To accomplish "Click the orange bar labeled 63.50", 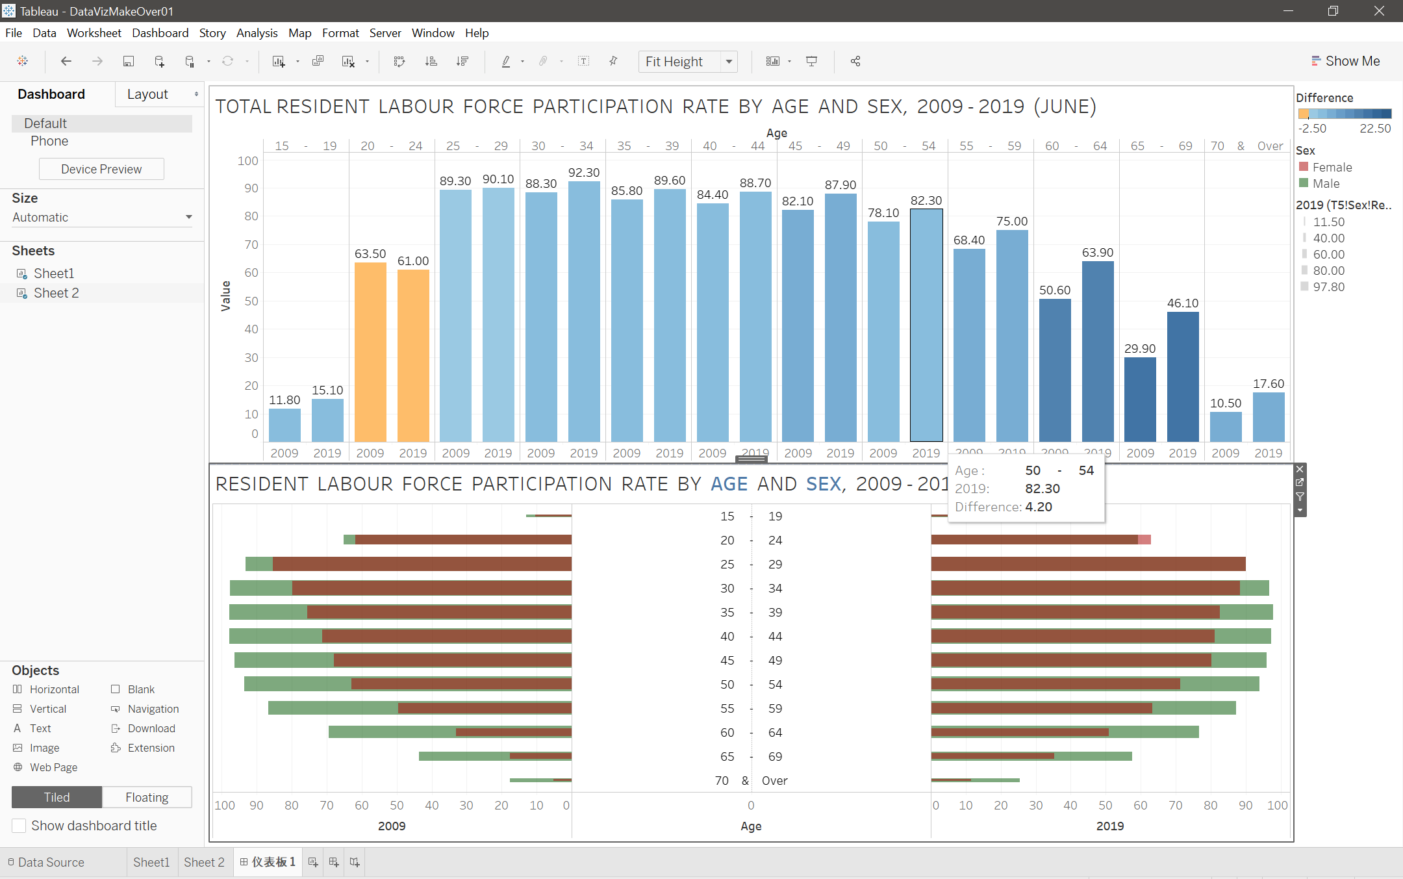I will (370, 351).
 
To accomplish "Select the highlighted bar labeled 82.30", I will (926, 325).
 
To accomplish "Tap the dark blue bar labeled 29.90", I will (1140, 399).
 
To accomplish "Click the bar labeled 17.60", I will (1268, 416).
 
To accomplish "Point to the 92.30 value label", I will (584, 173).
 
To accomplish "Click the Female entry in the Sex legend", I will (1332, 168).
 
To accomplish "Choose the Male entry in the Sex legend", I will (1326, 184).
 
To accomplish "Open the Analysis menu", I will (257, 33).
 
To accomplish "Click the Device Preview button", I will (101, 170).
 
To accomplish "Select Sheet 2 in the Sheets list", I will (57, 293).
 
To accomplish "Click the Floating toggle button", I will (147, 797).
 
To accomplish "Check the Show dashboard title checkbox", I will (19, 826).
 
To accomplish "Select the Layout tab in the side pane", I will (148, 95).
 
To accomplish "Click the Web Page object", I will (53, 767).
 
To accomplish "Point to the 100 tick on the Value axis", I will (247, 161).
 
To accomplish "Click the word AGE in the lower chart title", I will (729, 484).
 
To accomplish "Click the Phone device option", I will (49, 142).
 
